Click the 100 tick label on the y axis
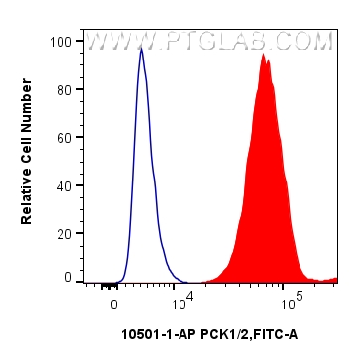[x=62, y=42]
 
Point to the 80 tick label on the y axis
[x=65, y=89]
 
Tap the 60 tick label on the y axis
[x=65, y=137]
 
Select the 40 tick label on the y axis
[x=65, y=184]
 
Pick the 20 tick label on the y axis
[x=65, y=231]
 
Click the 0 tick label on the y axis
[x=69, y=279]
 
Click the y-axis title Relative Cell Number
[x=28, y=160]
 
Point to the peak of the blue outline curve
[x=141, y=48]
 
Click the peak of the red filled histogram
[x=263, y=54]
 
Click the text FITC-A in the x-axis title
[x=273, y=334]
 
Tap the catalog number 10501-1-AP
[x=151, y=334]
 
